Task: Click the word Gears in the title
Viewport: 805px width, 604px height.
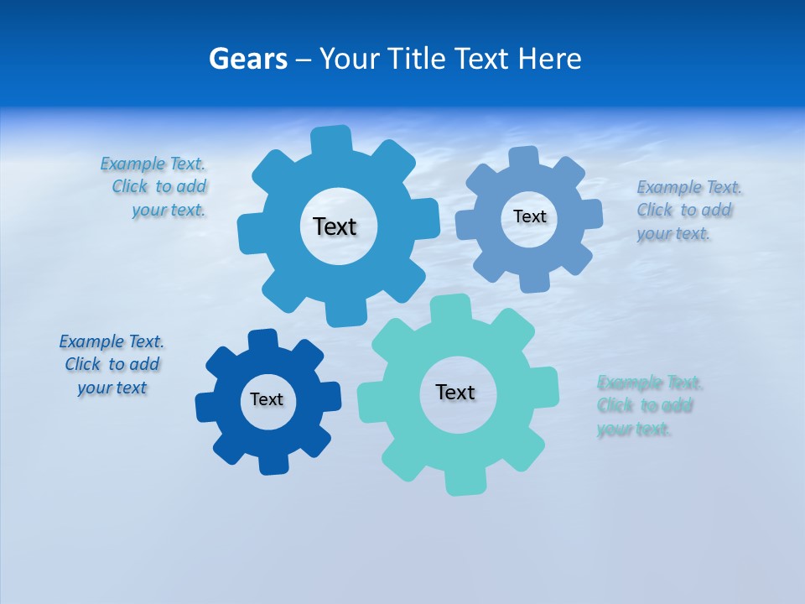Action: [247, 59]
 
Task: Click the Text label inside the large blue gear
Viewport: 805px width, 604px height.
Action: [335, 226]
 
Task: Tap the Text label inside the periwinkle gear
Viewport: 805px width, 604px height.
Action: [529, 216]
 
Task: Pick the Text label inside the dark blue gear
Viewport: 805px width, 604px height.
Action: [267, 399]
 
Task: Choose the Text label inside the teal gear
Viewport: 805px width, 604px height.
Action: [455, 392]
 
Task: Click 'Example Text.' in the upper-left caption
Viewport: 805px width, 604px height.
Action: [153, 164]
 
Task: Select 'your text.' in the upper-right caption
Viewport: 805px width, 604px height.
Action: [673, 234]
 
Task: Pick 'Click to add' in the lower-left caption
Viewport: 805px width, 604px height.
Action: [112, 364]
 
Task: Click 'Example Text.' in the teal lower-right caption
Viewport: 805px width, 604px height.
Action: [650, 383]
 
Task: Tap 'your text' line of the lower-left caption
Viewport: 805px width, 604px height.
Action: [112, 388]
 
